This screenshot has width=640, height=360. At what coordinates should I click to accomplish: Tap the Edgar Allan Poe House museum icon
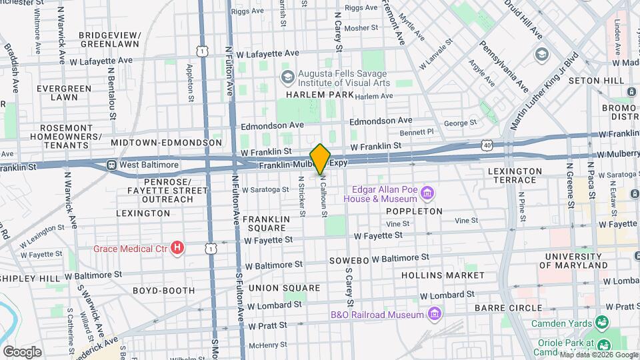[427, 193]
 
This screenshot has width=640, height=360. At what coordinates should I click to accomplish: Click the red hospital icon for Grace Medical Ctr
[177, 249]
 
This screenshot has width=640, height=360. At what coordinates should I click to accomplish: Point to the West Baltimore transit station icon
[111, 165]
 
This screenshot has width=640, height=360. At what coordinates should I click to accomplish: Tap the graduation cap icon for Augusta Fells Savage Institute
[287, 77]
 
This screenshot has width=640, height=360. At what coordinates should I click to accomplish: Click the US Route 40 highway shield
[488, 145]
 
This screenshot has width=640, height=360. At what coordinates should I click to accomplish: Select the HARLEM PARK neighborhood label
[308, 95]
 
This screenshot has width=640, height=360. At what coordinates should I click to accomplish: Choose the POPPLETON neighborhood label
[414, 211]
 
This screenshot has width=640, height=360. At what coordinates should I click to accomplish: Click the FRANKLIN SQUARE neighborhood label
[266, 223]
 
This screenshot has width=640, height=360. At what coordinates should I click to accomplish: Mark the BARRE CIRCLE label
[508, 307]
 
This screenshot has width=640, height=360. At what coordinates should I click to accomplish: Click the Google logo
[22, 351]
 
